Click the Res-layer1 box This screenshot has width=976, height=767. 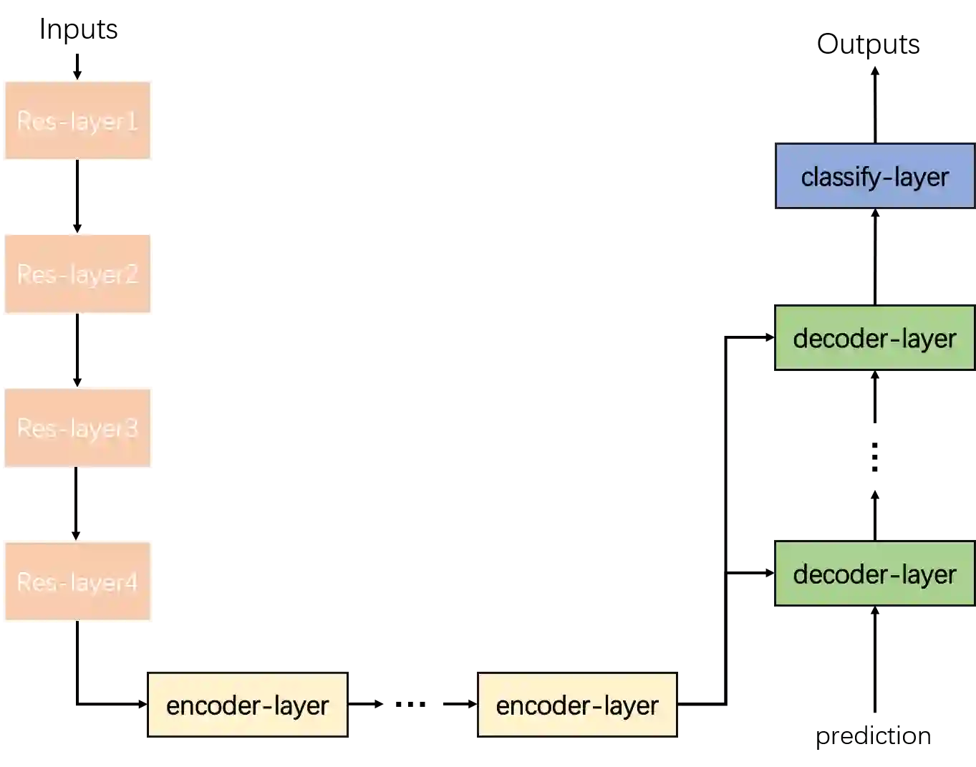pos(77,120)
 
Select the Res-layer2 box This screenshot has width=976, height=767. pos(77,273)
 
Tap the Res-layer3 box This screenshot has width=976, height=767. pos(77,428)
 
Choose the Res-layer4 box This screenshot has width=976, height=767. pos(77,582)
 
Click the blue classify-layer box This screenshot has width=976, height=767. pos(874,176)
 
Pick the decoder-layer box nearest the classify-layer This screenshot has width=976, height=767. pos(874,338)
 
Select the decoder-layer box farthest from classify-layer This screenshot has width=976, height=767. pos(874,574)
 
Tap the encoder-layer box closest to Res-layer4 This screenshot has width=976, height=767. pos(248,705)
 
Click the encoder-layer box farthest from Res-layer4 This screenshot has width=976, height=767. pos(576,705)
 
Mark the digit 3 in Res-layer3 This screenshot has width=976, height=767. pos(131,428)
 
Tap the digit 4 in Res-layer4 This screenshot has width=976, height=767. pos(131,582)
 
